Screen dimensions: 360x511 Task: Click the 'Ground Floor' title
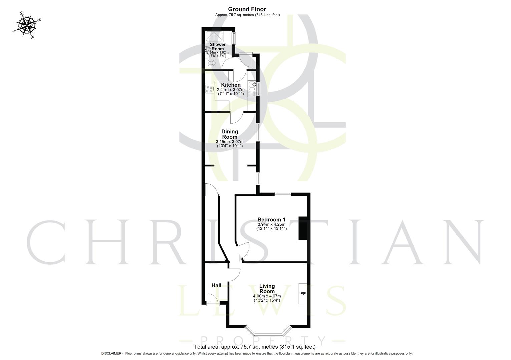(x=247, y=9)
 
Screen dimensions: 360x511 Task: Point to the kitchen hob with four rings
(x=210, y=89)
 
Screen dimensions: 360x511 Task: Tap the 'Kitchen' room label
(x=231, y=85)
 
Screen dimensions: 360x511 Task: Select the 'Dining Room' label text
(x=230, y=134)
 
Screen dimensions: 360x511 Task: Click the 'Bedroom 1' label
(x=271, y=220)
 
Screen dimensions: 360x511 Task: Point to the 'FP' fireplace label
(x=303, y=294)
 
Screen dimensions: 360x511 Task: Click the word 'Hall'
(x=216, y=285)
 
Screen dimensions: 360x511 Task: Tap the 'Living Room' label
(x=267, y=289)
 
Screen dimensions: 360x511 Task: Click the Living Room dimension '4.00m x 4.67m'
(x=267, y=296)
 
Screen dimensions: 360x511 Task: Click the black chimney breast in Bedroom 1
(x=303, y=228)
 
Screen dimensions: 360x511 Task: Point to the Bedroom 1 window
(x=283, y=194)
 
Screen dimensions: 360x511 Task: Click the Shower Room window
(x=234, y=38)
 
